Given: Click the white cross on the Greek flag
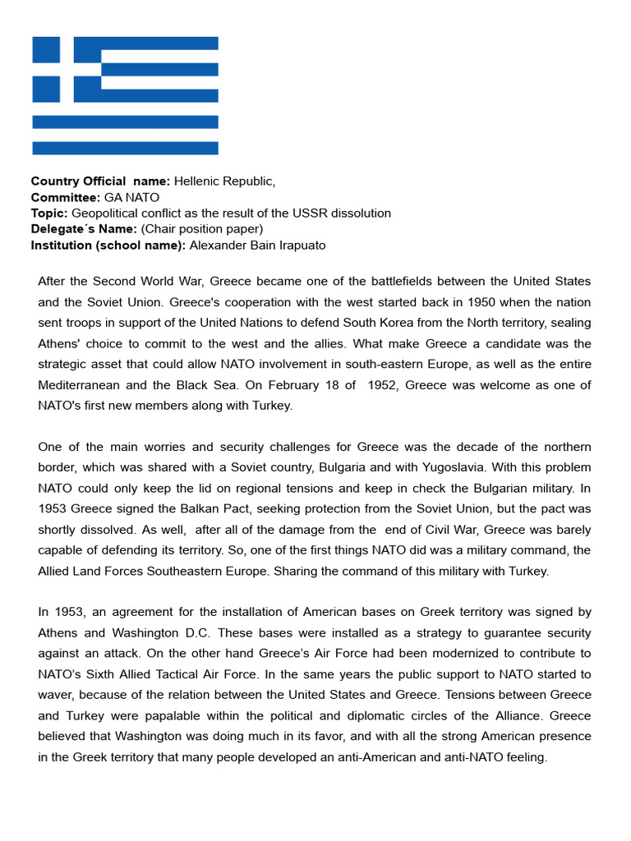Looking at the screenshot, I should [67, 62].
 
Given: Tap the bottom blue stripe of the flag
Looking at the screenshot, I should [125, 148].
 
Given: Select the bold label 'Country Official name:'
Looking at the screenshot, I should [100, 181].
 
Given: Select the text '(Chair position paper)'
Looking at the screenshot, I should [201, 228].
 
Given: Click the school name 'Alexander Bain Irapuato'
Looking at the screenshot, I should [258, 245].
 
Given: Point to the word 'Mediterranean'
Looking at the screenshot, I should [78, 384].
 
